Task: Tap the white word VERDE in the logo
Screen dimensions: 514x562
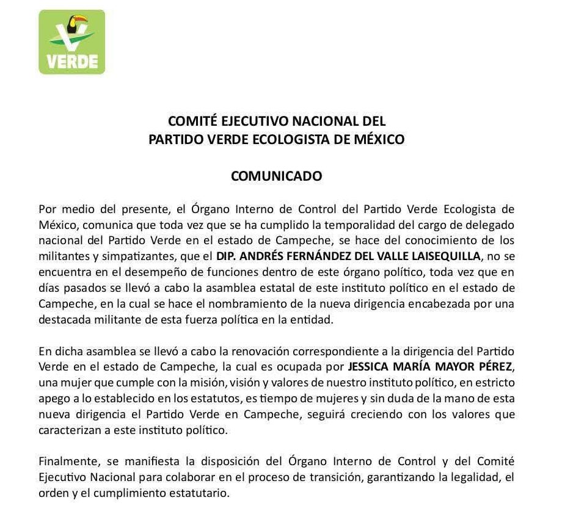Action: click(72, 62)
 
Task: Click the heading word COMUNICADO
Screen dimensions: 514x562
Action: click(276, 176)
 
